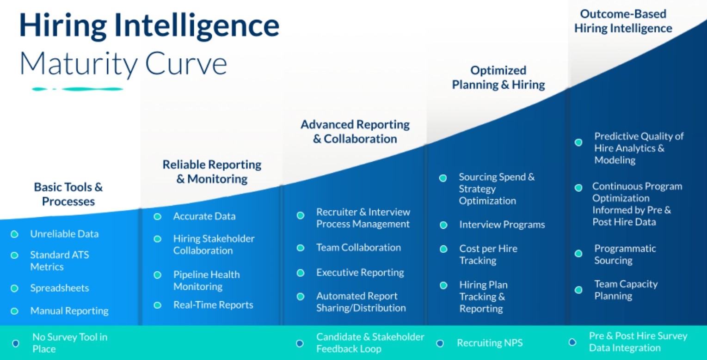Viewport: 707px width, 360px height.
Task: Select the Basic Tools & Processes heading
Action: [68, 194]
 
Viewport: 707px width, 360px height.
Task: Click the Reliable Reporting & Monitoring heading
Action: [212, 171]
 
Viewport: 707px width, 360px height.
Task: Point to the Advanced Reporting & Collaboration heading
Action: [355, 131]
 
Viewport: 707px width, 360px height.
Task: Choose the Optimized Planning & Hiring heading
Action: [498, 77]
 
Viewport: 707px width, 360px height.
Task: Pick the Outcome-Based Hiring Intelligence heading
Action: [623, 21]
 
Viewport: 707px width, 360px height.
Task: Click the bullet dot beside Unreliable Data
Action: [14, 234]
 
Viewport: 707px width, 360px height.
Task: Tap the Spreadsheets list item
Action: [59, 288]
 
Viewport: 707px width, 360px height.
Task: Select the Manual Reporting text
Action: [69, 311]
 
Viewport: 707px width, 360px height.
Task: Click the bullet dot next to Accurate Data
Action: [157, 216]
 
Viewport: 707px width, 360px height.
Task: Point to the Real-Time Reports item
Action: [213, 305]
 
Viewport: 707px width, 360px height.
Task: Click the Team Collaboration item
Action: [358, 248]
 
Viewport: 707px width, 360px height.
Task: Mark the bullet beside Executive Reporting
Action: [301, 273]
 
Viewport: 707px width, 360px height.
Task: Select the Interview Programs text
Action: [502, 225]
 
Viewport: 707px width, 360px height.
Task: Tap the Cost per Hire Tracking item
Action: [488, 255]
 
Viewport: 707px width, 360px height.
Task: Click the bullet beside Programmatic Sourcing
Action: [578, 254]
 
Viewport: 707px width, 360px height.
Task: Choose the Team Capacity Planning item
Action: [626, 290]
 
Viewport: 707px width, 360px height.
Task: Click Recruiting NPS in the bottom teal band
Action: [490, 343]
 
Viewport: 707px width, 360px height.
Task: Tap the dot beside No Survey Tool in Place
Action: [16, 343]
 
